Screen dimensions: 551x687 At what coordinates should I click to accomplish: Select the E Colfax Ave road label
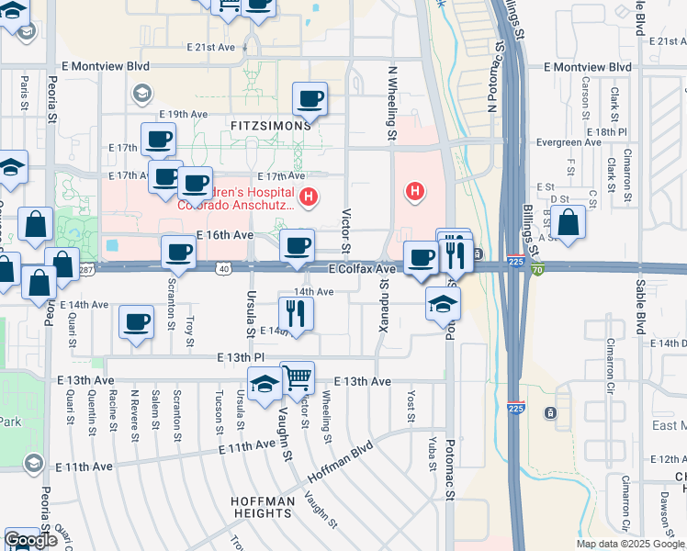[362, 269]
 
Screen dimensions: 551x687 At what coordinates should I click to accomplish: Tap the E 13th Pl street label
[241, 357]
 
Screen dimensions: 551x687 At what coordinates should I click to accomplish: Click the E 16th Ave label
[225, 235]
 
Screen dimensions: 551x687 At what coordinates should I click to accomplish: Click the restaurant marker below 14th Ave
[297, 313]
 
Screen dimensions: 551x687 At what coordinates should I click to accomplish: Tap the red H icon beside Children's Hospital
[309, 196]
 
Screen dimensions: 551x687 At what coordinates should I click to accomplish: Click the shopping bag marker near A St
[569, 222]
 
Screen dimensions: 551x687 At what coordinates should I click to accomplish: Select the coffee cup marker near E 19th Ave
[310, 98]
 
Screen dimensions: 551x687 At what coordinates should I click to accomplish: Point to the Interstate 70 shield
[537, 269]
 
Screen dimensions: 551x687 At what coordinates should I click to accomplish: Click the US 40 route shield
[224, 267]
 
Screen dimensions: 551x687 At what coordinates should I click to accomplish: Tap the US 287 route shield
[85, 269]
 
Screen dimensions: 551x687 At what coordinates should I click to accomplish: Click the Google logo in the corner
[31, 540]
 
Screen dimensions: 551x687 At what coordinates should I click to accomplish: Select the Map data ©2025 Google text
[629, 544]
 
